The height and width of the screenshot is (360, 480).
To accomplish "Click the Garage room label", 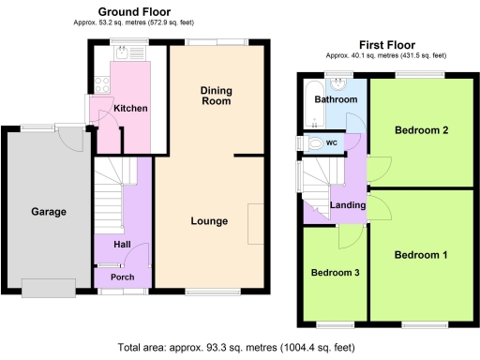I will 49,212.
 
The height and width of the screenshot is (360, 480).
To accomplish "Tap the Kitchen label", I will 130,109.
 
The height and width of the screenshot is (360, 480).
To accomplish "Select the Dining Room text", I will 217,96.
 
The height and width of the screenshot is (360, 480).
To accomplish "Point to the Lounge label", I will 210,221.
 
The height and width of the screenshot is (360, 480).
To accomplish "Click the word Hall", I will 123,244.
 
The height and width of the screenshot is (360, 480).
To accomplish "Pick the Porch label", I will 123,277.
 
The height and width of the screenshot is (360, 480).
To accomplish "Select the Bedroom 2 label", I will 420,129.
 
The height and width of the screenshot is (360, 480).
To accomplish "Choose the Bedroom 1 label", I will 420,255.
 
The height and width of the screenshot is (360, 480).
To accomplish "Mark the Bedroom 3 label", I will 335,273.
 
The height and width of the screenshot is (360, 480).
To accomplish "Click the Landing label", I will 348,205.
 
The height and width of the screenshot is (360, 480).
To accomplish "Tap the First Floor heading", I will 387,44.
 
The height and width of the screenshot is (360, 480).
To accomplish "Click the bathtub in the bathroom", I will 310,103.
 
